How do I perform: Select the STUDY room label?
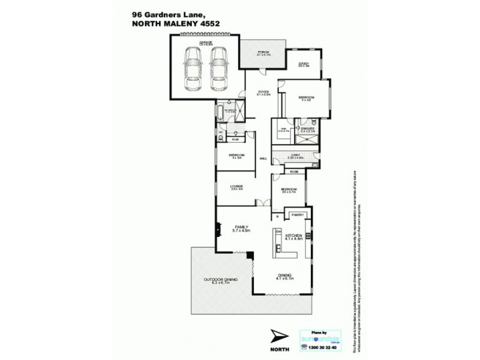(304, 65)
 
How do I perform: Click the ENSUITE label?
(310, 129)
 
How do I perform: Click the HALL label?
(263, 158)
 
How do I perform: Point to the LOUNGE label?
(235, 188)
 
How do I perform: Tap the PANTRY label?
(297, 215)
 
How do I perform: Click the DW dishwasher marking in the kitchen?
(278, 231)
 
